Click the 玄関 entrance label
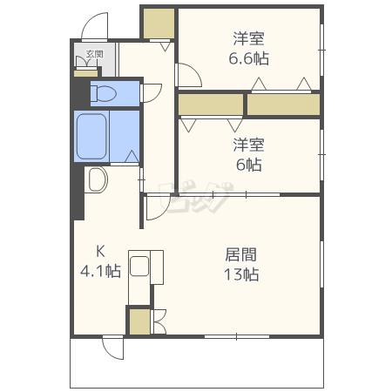coord(95,55)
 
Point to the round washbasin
coord(96,181)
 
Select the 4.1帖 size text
coord(101,272)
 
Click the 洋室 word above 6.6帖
coord(249,39)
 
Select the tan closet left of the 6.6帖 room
coord(158,24)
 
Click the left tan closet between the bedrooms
coord(210,105)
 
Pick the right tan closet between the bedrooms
coord(283,105)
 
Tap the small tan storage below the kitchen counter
coord(139,321)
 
